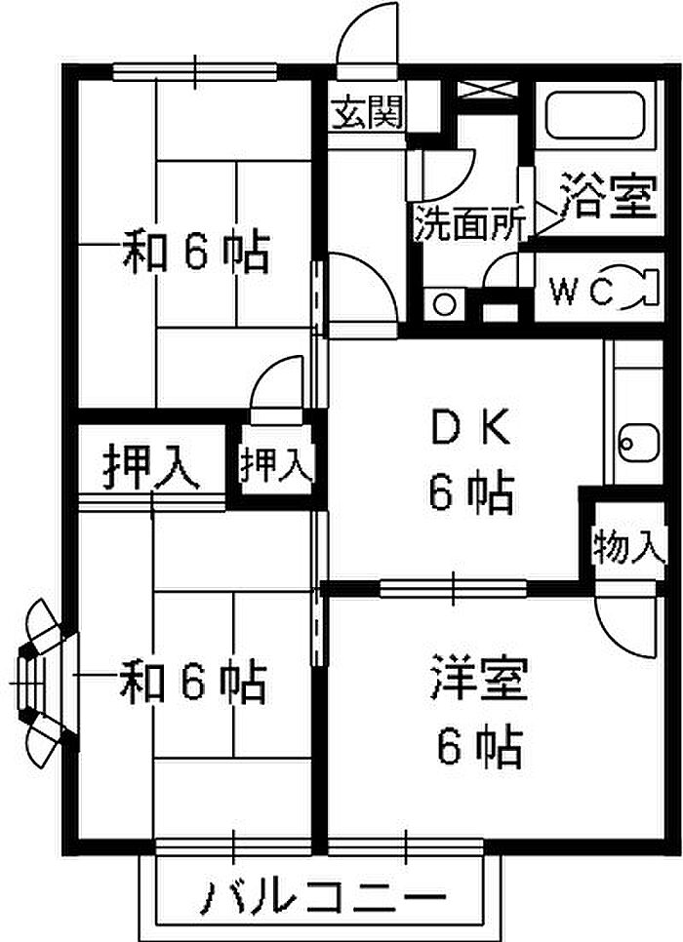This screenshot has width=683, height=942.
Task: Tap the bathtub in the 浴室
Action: (x=595, y=115)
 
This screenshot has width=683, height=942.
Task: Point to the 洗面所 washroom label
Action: (x=470, y=223)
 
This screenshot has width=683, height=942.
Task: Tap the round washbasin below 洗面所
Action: (x=444, y=305)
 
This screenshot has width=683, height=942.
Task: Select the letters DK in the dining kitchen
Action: (x=470, y=427)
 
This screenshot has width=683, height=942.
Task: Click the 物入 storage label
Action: (x=629, y=546)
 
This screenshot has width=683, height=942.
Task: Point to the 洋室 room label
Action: (x=479, y=679)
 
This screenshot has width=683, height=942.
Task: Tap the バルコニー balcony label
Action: (x=324, y=898)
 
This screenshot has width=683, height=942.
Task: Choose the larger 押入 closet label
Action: (x=150, y=467)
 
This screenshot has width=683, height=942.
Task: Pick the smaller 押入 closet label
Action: (x=276, y=463)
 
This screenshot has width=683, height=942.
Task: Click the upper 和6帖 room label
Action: (x=196, y=252)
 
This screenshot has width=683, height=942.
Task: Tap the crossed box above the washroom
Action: (x=487, y=89)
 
